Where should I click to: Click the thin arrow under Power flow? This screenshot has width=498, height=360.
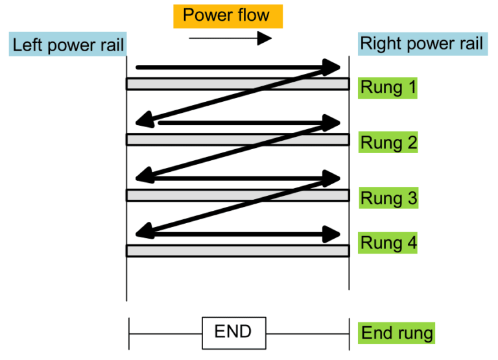230,38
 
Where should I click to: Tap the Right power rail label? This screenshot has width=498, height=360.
421,44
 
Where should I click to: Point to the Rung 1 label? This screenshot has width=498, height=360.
388,87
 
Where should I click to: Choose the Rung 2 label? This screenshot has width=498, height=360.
388,142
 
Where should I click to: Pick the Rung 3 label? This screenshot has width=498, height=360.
388,198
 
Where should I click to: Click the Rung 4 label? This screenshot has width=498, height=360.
388,243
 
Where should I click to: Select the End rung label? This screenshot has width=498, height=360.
396,333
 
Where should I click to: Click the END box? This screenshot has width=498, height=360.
233,332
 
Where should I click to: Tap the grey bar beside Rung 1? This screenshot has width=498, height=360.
237,84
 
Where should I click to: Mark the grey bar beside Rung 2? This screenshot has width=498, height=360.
237,139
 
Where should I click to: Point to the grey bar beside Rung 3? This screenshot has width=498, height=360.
237,195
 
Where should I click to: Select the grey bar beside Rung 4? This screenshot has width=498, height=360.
237,250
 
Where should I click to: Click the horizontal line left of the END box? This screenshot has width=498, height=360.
166,333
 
